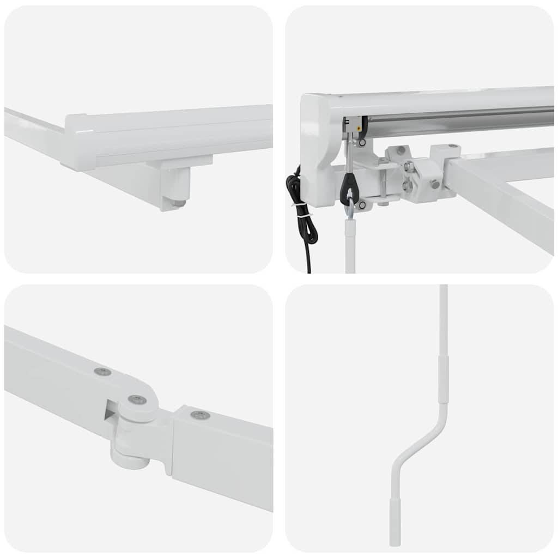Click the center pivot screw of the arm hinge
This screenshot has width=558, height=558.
click(137, 400)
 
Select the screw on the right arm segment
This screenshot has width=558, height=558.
click(200, 415)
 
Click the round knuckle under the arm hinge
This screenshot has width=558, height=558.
click(130, 455)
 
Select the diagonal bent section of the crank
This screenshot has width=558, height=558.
click(420, 441)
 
